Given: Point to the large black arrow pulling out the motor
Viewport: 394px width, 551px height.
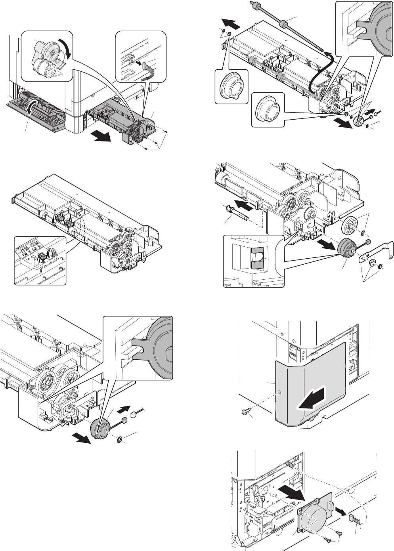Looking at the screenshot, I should pos(292,493).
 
